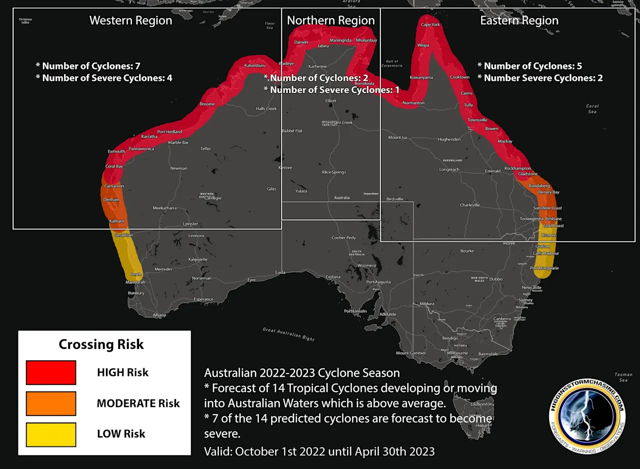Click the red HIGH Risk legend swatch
[x=51, y=372]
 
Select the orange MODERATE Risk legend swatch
[x=51, y=403]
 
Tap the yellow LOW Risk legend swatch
[x=51, y=434]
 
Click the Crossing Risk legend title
[x=101, y=344]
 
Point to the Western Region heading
[x=130, y=21]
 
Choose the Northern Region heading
[x=330, y=21]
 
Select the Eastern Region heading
[x=519, y=21]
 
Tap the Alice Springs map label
[x=333, y=172]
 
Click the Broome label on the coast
[x=207, y=104]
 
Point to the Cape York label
[x=430, y=24]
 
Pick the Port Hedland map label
[x=169, y=132]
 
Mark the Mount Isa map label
[x=397, y=137]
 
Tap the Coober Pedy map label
[x=343, y=238]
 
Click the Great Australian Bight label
[x=289, y=334]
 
